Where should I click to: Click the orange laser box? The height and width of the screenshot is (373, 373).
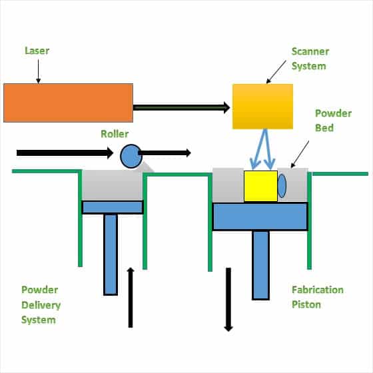(68, 103)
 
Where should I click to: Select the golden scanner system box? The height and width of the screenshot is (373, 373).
(262, 107)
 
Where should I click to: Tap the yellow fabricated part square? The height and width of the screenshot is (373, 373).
(260, 186)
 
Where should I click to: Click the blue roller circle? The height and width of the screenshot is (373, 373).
(131, 156)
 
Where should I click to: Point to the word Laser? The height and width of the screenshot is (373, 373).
(37, 51)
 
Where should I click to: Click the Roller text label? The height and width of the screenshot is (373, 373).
(115, 134)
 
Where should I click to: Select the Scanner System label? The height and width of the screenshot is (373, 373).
(310, 59)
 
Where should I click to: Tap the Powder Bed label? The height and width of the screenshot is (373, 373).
(333, 121)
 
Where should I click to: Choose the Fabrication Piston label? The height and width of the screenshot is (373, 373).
(318, 297)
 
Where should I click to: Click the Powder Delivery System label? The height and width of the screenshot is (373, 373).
(41, 305)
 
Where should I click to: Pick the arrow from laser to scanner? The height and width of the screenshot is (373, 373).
(181, 107)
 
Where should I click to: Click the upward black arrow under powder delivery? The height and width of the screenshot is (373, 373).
(131, 297)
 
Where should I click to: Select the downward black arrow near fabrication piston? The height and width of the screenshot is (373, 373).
(228, 300)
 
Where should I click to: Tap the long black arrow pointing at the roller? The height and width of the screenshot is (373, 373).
(65, 153)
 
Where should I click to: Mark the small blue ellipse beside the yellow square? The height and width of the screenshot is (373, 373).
(282, 186)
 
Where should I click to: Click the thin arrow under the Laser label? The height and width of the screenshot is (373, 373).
(39, 71)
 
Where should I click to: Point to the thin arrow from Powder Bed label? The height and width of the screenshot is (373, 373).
(300, 154)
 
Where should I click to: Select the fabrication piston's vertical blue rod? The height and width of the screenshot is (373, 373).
(260, 265)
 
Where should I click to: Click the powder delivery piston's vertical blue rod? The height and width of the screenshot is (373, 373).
(111, 254)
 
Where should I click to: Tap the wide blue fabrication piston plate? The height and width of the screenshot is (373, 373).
(260, 216)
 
